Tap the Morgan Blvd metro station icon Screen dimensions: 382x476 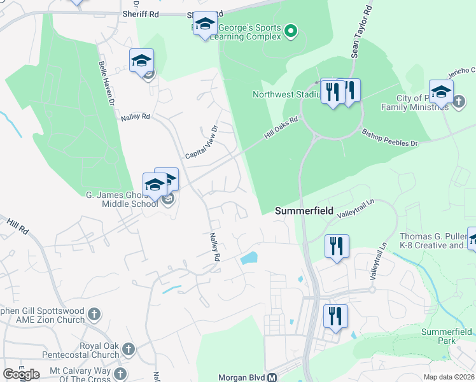[272, 377]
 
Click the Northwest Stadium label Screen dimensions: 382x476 [285, 95]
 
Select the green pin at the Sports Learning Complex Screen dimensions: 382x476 [291, 30]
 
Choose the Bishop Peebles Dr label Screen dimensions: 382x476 [389, 138]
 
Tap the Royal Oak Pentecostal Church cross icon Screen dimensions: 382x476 [128, 349]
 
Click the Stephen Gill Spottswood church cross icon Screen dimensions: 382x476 [94, 314]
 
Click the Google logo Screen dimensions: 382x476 [21, 374]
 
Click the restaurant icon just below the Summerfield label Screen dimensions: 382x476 [337, 246]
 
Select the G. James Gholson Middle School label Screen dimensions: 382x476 [121, 199]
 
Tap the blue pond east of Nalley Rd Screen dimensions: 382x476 [249, 258]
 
